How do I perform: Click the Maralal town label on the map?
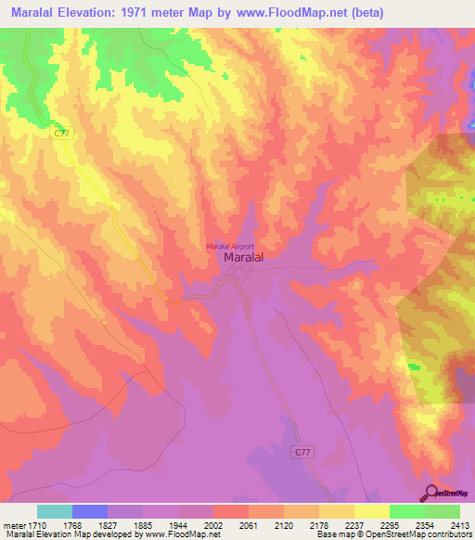245,260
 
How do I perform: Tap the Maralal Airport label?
230,246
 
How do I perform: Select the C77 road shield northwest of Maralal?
61,134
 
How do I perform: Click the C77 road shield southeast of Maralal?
300,451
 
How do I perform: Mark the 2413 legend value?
458,524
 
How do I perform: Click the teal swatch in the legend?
54,511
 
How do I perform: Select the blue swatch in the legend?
89,511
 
